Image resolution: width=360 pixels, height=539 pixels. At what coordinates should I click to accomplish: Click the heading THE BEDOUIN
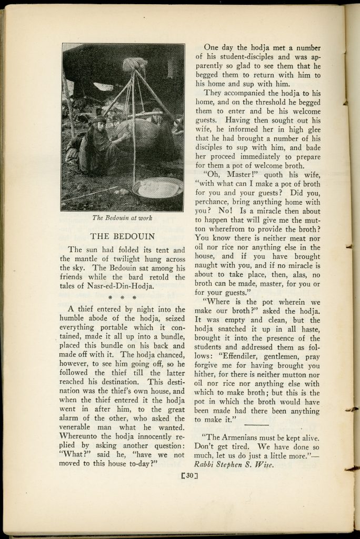(x=122, y=236)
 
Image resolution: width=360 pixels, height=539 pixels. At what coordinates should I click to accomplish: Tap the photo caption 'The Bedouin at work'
(x=123, y=217)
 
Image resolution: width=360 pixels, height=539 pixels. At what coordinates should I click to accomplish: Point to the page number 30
(x=189, y=477)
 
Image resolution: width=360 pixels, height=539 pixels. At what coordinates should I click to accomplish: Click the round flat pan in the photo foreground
(x=158, y=188)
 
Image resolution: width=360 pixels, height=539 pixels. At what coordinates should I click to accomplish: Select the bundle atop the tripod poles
(x=135, y=64)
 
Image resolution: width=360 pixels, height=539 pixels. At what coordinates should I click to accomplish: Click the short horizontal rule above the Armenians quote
(x=256, y=424)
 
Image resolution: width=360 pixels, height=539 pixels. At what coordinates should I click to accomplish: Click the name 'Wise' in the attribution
(x=264, y=464)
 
